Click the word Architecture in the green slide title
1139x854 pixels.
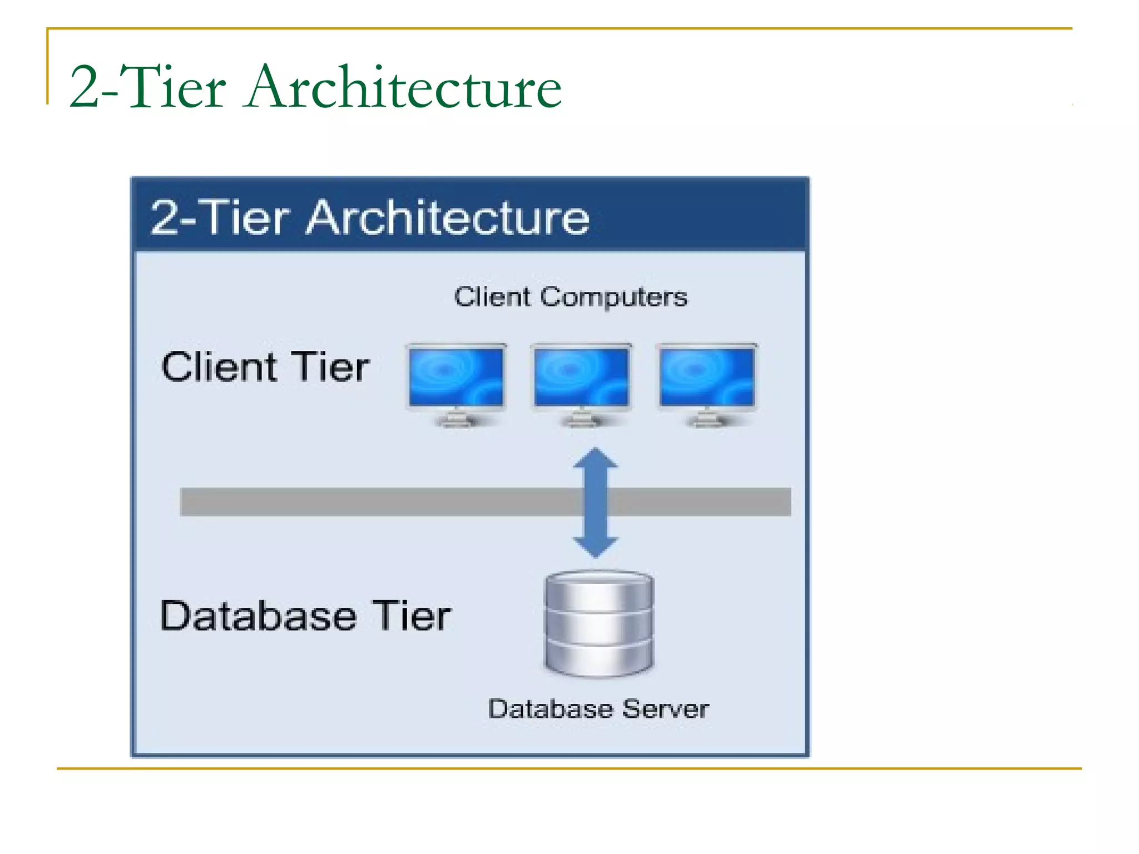(404, 87)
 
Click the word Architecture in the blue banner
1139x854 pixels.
(448, 218)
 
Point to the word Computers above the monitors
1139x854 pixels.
(613, 297)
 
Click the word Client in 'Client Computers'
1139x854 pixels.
(493, 297)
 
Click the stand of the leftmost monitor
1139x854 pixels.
(456, 418)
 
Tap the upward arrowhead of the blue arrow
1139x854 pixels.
(596, 459)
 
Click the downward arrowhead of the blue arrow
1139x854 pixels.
(596, 547)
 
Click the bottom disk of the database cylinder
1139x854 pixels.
(599, 659)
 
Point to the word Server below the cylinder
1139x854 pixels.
(665, 709)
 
